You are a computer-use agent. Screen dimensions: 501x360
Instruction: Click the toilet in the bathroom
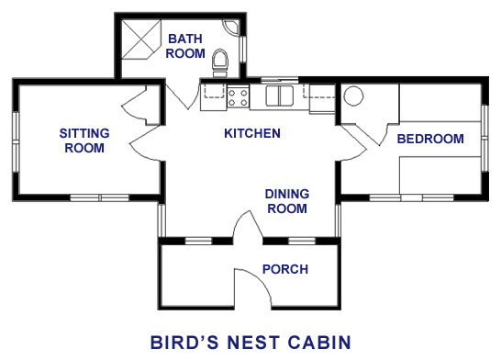220,63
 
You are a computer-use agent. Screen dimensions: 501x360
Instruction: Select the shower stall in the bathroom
141,39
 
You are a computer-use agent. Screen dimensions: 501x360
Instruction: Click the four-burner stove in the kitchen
238,97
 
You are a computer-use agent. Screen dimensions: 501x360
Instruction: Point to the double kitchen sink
280,96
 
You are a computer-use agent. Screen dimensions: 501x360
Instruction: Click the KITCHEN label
252,133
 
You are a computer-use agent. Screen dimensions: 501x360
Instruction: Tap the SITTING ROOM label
84,141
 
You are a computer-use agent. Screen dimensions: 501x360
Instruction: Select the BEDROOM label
430,139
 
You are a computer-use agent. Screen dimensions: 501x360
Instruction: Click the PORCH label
285,269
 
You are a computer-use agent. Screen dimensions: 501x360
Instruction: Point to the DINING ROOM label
287,201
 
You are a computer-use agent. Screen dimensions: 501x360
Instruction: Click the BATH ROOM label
185,46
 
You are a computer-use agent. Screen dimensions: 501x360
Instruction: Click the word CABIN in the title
319,343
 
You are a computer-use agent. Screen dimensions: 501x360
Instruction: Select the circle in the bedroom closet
353,96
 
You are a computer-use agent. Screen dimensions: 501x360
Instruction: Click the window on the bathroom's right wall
243,49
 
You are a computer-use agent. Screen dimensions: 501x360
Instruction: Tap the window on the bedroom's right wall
484,138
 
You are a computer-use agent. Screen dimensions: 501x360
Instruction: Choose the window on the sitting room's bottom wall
100,197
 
